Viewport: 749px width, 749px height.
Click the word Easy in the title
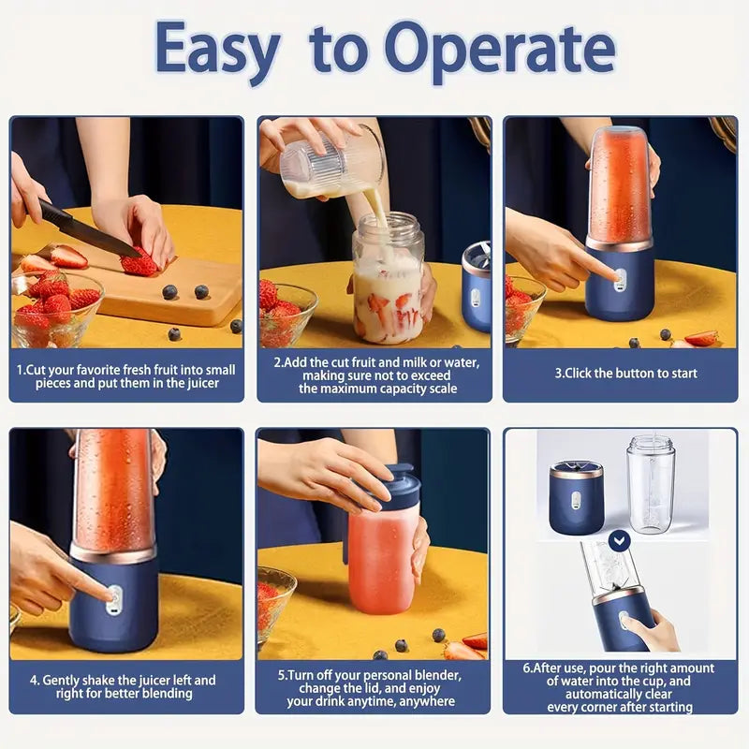[x=217, y=49]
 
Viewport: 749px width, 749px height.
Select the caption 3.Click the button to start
[x=625, y=373]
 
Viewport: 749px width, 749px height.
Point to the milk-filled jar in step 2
[x=387, y=281]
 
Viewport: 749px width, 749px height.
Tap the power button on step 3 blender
[x=618, y=275]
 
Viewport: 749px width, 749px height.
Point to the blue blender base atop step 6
[x=576, y=496]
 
